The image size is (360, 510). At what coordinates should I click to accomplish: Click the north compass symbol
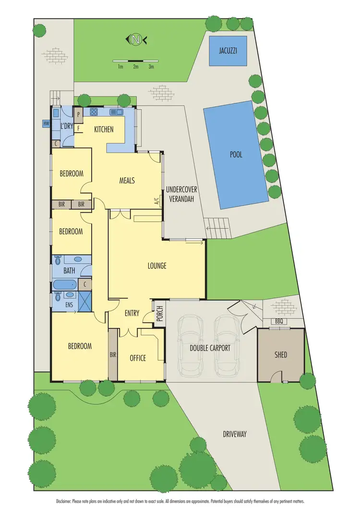[136, 40]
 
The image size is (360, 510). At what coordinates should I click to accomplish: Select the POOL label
[236, 155]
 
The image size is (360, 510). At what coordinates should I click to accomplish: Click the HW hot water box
[47, 123]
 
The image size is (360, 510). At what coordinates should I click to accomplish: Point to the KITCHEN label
[104, 129]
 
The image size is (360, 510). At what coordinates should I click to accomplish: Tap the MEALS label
[127, 181]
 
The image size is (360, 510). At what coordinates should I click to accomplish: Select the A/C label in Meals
[157, 202]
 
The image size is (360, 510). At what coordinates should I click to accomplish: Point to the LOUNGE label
[157, 266]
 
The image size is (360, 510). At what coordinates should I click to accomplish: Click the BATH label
[63, 270]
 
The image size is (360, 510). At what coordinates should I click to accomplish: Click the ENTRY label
[132, 314]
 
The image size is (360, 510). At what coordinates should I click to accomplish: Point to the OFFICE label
[138, 358]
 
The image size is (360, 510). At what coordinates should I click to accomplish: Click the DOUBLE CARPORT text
[210, 348]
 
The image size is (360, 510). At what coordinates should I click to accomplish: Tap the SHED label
[281, 355]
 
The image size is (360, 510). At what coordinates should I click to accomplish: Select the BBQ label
[279, 321]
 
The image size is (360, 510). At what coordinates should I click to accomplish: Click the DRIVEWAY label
[235, 434]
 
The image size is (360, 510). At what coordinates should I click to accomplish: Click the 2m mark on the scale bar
[136, 67]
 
